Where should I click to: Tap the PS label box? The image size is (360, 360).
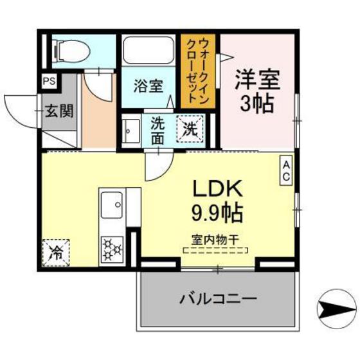[48, 82]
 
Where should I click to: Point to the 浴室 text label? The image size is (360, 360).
[148, 85]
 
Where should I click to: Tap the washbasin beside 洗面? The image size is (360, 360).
[131, 130]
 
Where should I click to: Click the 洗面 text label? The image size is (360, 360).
[158, 130]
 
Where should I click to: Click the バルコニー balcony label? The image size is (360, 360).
[218, 299]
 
